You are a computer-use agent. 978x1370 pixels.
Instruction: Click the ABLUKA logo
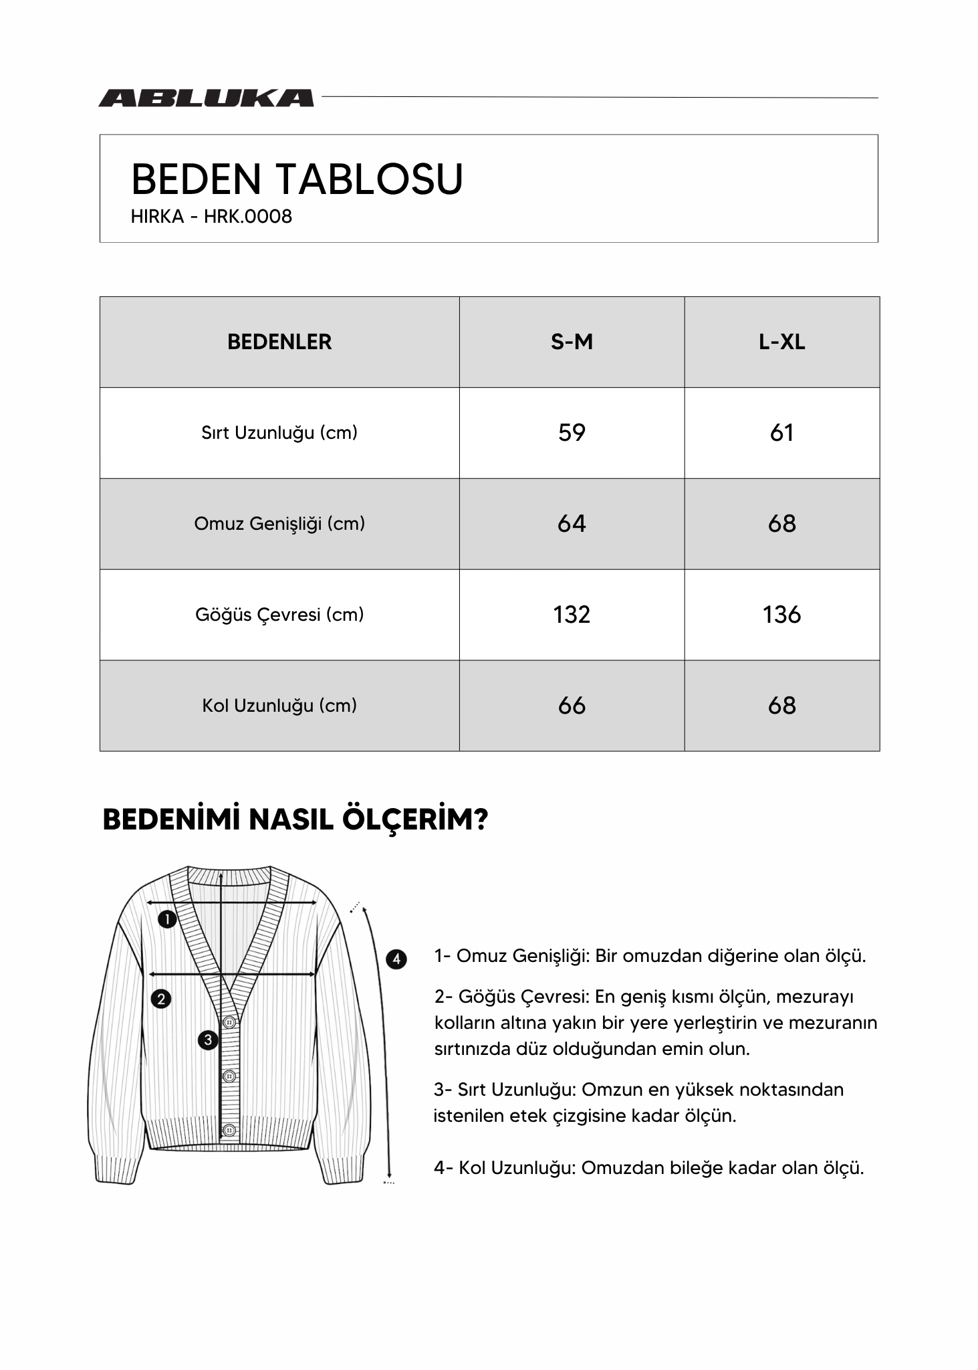coord(206,98)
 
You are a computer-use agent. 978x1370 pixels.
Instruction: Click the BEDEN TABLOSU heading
coord(297,179)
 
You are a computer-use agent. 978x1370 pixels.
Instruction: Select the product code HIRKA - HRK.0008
coord(211,217)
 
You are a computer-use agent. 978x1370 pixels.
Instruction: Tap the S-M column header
coord(572,342)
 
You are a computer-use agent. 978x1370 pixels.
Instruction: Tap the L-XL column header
coord(781,342)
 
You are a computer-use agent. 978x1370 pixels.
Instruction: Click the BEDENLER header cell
coord(279,342)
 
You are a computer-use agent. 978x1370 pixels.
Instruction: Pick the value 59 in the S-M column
coord(572,433)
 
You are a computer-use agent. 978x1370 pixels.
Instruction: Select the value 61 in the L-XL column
coord(781,433)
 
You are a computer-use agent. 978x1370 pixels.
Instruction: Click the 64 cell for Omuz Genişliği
coord(572,524)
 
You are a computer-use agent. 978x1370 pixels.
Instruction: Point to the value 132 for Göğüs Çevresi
coord(572,615)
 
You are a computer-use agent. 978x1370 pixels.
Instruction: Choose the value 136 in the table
coord(781,615)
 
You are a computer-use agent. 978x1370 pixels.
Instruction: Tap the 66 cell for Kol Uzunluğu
coord(572,706)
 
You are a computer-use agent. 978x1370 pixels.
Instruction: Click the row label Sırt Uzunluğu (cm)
coord(279,433)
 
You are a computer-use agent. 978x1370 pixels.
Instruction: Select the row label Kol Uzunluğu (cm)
coord(279,706)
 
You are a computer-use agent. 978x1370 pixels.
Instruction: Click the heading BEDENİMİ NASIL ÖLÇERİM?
coord(295,819)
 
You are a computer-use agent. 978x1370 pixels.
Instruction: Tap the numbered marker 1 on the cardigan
coord(166,919)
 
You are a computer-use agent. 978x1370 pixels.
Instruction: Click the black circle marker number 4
coord(396,959)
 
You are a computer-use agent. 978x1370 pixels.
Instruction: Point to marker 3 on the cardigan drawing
coord(208,1040)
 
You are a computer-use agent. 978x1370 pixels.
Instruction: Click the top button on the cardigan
coord(229,1021)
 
